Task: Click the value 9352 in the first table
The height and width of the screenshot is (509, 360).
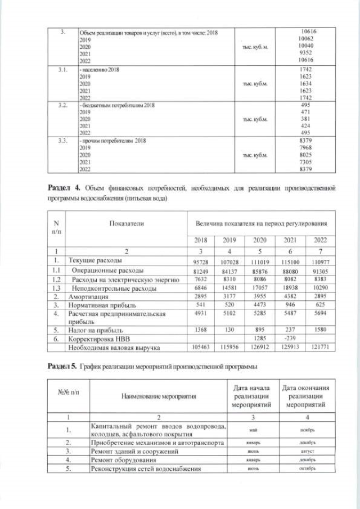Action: point(307,54)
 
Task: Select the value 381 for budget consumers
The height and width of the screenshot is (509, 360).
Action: point(307,119)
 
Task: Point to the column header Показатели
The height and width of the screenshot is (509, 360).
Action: point(127,223)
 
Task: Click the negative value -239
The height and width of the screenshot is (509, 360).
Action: point(288,339)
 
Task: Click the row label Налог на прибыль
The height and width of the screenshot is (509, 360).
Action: point(96,331)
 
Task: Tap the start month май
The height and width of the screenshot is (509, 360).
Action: point(253,430)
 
